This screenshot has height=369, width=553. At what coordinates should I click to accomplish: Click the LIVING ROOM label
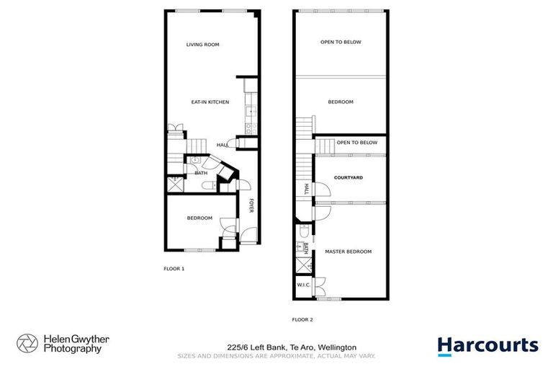tap(202, 45)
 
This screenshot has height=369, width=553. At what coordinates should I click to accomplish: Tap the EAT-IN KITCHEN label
tap(210, 102)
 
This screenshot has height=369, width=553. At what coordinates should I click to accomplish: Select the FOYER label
tap(251, 205)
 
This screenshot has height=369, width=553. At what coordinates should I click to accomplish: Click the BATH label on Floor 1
tap(201, 173)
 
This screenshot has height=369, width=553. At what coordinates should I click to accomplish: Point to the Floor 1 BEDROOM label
tap(199, 218)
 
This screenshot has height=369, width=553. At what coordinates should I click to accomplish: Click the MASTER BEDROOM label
tap(348, 252)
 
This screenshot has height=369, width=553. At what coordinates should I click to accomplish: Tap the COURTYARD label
tap(348, 177)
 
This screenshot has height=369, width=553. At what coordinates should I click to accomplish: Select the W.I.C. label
tap(303, 285)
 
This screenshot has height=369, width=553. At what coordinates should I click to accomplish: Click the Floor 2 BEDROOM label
tap(341, 102)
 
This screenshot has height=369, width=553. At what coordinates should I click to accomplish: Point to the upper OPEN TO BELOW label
tap(341, 42)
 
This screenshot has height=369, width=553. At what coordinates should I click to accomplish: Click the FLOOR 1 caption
tap(174, 268)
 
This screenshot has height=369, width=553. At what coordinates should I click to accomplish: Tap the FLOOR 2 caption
tap(302, 319)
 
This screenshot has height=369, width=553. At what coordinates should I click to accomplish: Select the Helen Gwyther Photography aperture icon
tap(27, 344)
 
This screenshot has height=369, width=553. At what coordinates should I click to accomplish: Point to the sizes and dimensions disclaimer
tap(276, 355)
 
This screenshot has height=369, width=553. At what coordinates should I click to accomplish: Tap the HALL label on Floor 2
tap(306, 189)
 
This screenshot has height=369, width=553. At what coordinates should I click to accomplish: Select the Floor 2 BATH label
tap(306, 248)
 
